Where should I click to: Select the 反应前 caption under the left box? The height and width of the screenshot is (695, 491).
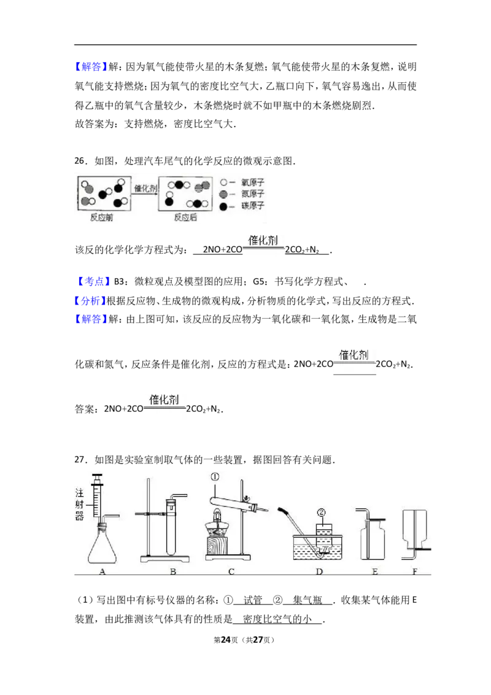click(101, 217)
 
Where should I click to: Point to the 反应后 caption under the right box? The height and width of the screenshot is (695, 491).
click(185, 217)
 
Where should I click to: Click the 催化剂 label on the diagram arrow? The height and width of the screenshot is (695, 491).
click(145, 188)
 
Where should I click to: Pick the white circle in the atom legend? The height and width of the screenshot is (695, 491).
click(224, 182)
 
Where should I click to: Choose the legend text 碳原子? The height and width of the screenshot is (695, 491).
click(253, 206)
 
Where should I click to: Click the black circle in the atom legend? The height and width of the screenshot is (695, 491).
click(224, 206)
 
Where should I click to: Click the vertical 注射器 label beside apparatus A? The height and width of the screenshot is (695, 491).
click(79, 504)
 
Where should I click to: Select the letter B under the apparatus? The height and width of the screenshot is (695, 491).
click(173, 572)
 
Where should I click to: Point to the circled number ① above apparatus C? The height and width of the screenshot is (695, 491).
click(215, 477)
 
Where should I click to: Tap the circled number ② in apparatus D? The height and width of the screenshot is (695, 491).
click(321, 513)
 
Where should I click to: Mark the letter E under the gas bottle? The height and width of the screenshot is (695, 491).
click(375, 572)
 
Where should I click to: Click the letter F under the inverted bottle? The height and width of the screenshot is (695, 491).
click(415, 572)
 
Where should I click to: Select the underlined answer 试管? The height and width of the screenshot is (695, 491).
click(253, 600)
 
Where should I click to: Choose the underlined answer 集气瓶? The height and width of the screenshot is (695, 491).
click(307, 600)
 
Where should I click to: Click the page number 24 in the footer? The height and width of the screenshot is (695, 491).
click(226, 640)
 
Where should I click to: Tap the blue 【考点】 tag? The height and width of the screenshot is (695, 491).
click(91, 281)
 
